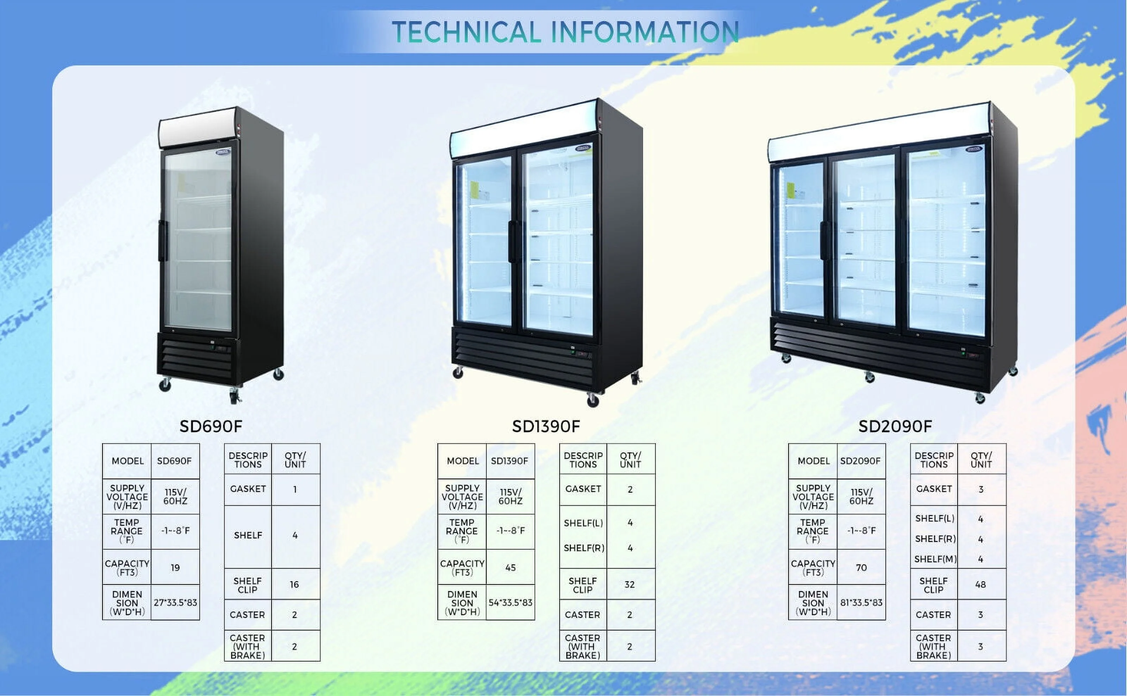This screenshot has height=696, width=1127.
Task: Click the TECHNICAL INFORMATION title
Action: tap(565, 32)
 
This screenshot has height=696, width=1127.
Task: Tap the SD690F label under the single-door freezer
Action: tap(211, 426)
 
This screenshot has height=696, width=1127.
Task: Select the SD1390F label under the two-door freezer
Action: tap(546, 426)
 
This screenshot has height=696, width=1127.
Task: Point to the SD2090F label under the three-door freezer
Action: tap(895, 426)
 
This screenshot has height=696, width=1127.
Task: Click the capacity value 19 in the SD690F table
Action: tap(175, 568)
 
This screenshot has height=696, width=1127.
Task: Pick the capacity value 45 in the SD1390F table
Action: tap(511, 568)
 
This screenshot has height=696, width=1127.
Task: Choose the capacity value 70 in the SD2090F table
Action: tap(861, 568)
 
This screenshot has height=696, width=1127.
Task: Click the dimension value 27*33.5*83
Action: tap(175, 602)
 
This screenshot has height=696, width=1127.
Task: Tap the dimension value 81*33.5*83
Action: tap(861, 602)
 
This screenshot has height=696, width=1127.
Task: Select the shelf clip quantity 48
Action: tap(980, 584)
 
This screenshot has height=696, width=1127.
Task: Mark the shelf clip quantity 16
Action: tap(294, 584)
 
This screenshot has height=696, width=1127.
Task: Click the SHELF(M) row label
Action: tap(935, 559)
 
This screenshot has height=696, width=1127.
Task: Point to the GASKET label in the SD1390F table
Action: tap(583, 489)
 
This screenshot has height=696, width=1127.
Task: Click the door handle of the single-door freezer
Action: tap(162, 241)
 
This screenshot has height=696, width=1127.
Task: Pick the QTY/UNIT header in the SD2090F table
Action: tap(981, 460)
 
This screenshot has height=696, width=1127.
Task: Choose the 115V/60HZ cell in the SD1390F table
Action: tap(511, 497)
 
